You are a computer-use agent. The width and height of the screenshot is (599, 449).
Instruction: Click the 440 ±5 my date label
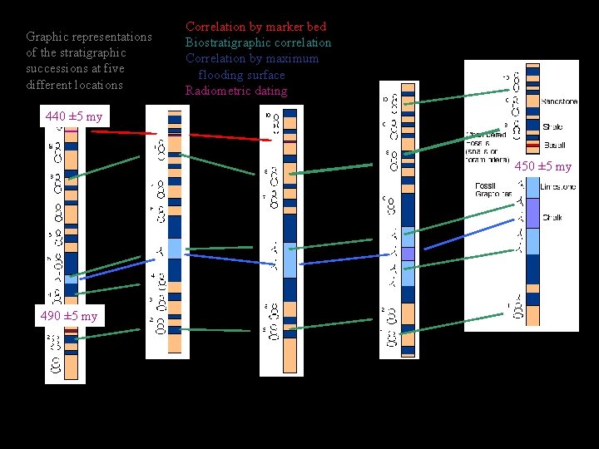point(74,116)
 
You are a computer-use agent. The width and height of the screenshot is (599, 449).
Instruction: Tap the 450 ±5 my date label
point(542,166)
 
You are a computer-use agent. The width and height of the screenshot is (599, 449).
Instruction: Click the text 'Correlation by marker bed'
point(255,27)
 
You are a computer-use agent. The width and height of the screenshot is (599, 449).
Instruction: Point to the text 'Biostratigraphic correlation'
point(258,42)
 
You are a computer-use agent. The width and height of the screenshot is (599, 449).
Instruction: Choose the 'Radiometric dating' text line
point(236,91)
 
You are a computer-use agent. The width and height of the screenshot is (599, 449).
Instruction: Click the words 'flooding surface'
point(241,75)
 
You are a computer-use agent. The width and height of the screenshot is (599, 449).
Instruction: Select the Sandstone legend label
point(558,101)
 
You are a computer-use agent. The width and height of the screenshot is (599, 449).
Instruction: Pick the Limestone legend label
point(557,187)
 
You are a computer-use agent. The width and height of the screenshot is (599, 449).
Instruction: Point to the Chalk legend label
point(552,218)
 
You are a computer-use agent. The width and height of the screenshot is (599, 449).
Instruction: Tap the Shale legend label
point(552,127)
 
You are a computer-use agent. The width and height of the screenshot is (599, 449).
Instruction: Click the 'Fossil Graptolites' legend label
point(492,189)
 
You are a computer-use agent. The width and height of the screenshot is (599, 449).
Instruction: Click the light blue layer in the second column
point(174,248)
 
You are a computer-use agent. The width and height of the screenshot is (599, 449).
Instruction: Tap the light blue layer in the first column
point(71,279)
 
